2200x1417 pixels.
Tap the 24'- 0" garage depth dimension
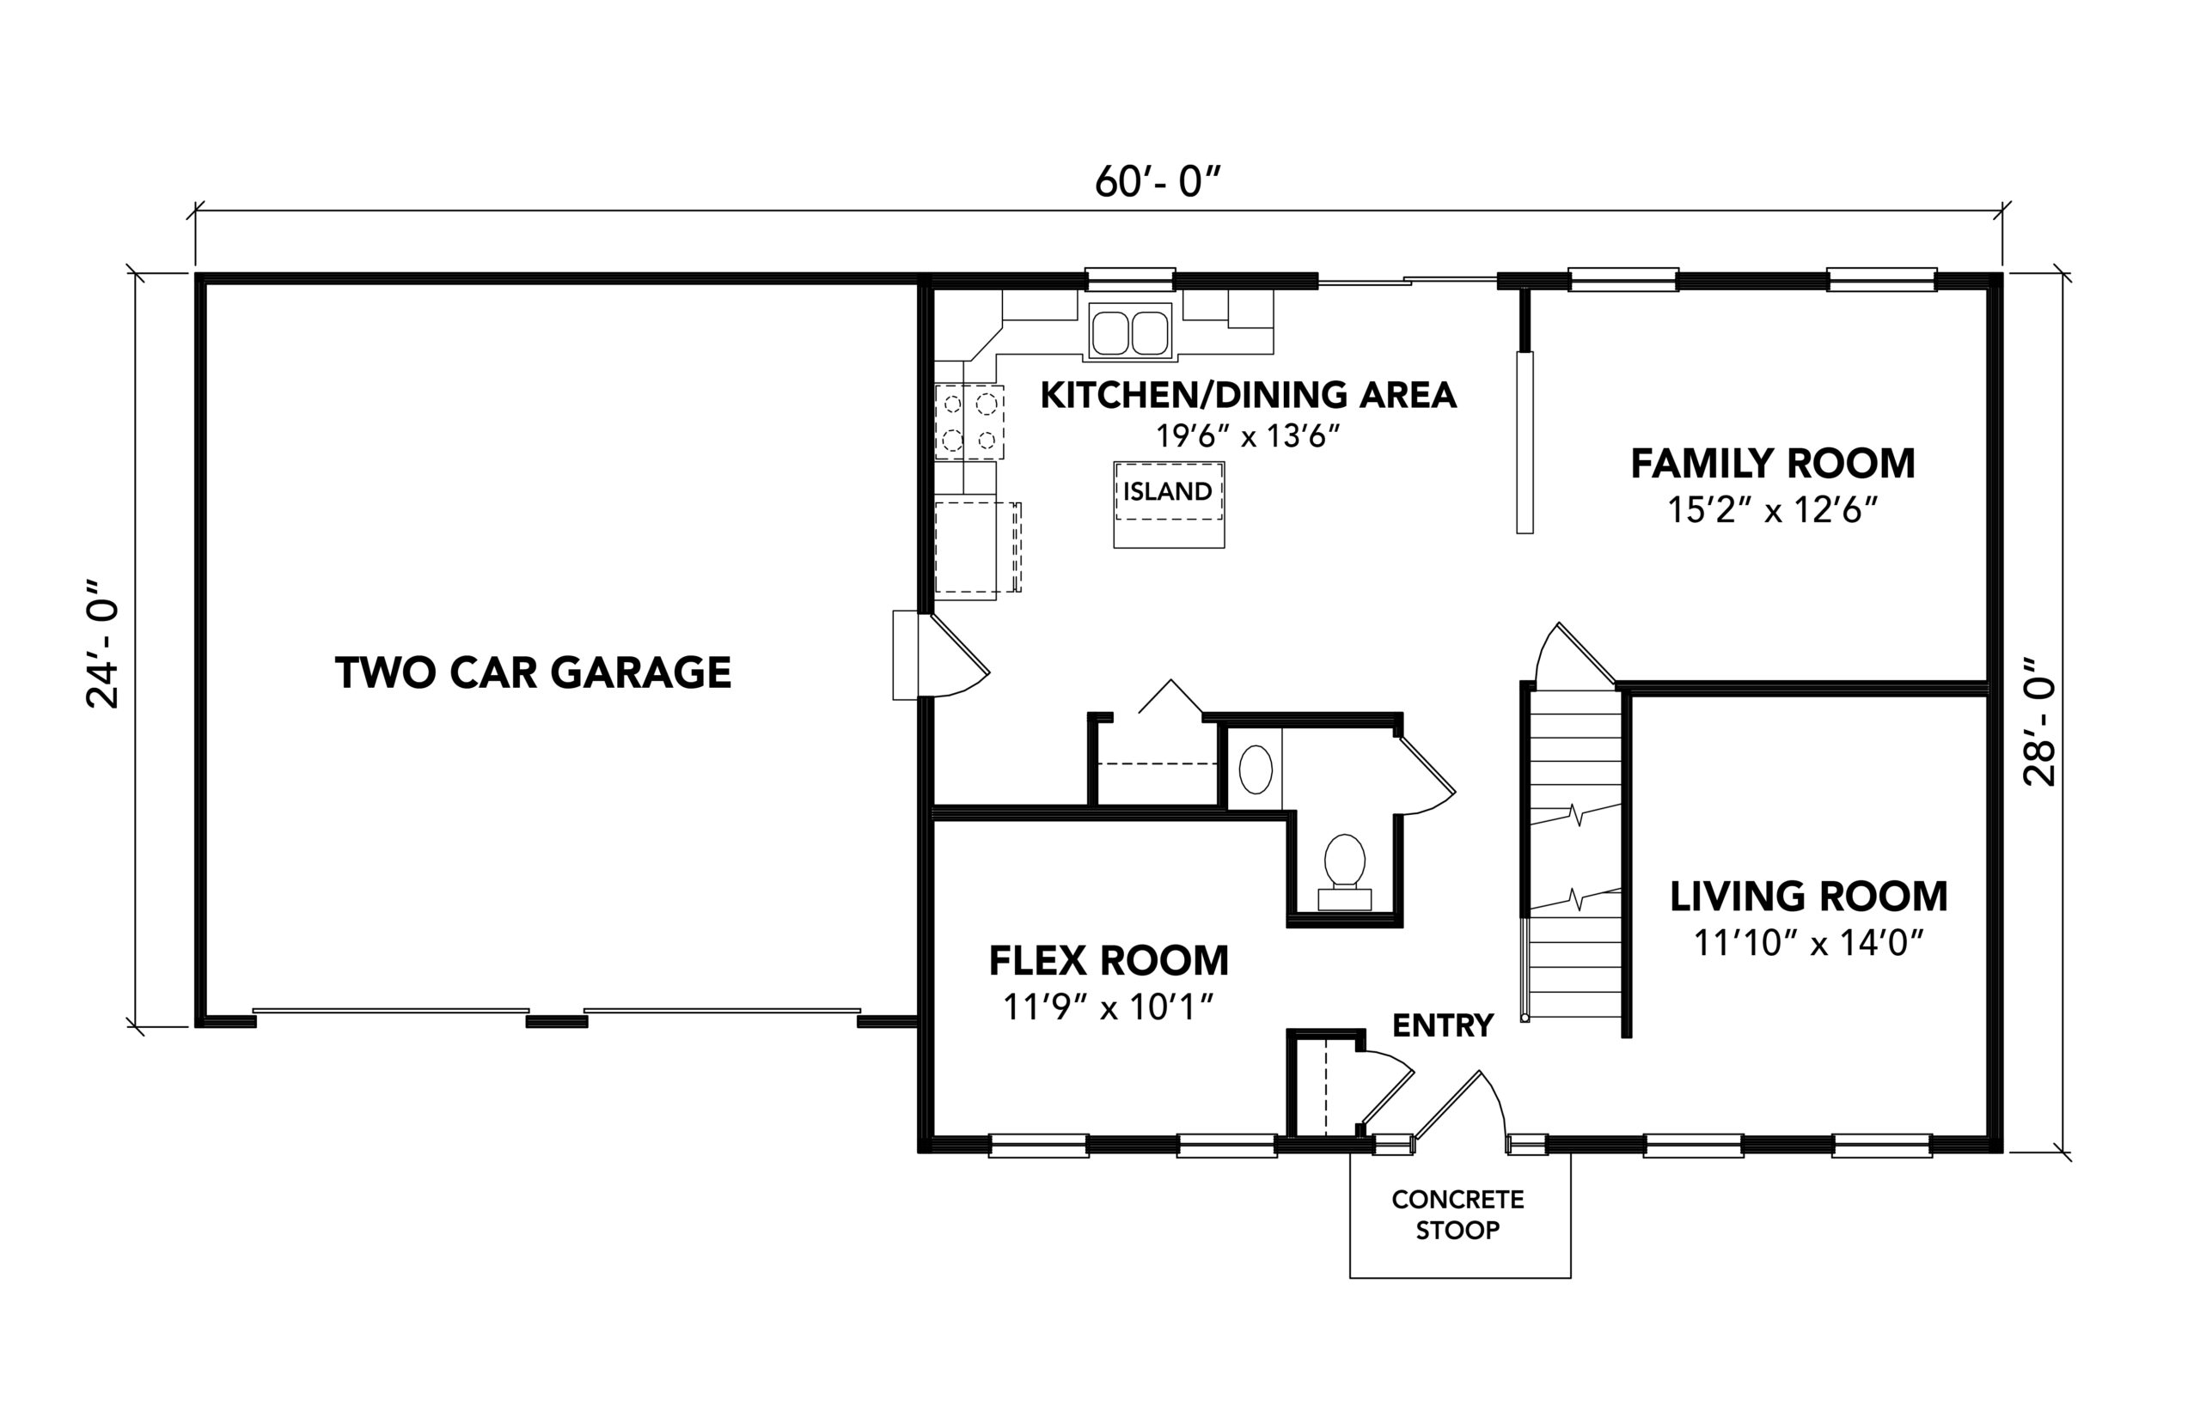pyautogui.click(x=103, y=643)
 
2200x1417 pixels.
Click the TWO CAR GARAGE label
pyautogui.click(x=533, y=672)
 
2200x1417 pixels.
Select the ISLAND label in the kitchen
pyautogui.click(x=1167, y=491)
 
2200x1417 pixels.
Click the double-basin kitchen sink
pyautogui.click(x=1129, y=331)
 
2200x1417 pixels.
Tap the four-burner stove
pyautogui.click(x=969, y=422)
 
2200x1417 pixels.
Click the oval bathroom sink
pyautogui.click(x=1256, y=769)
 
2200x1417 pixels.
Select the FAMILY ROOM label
pyautogui.click(x=1773, y=464)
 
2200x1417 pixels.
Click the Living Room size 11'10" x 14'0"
pyautogui.click(x=1809, y=943)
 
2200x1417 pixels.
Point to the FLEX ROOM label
pyautogui.click(x=1109, y=961)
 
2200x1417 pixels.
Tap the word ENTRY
pyautogui.click(x=1442, y=1025)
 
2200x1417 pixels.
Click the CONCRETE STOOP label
pyautogui.click(x=1458, y=1214)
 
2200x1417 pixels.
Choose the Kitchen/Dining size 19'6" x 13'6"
pyautogui.click(x=1247, y=435)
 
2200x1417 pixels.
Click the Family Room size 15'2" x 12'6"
pyautogui.click(x=1772, y=510)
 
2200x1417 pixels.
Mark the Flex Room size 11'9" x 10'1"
pyautogui.click(x=1109, y=1007)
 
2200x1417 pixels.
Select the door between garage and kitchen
pyautogui.click(x=942, y=656)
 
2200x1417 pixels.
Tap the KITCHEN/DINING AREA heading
pyautogui.click(x=1248, y=395)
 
